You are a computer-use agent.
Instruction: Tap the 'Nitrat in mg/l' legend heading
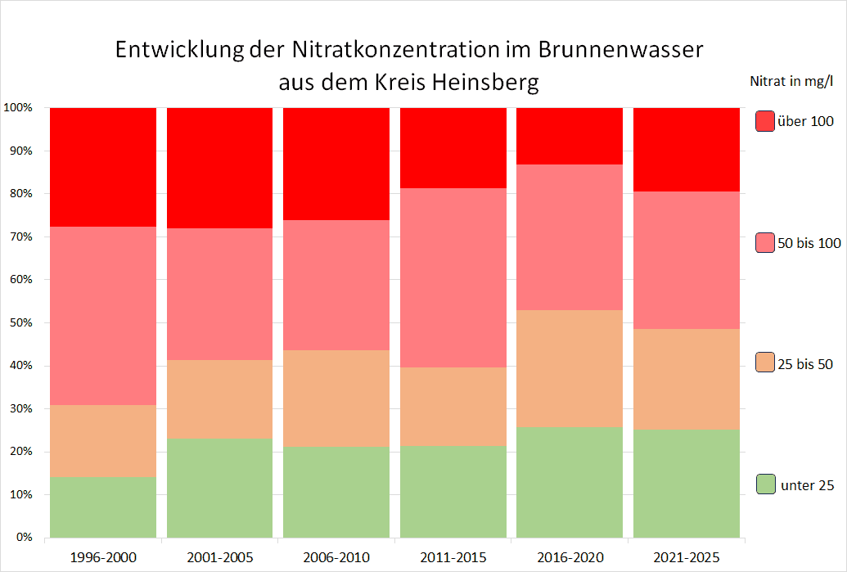tap(791, 81)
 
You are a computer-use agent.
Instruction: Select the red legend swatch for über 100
tap(765, 121)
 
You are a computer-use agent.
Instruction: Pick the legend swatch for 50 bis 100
tap(765, 242)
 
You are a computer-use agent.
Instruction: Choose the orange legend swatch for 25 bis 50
tap(765, 363)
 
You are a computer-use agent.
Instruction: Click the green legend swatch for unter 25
tap(765, 484)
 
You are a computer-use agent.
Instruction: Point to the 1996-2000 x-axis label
tap(103, 558)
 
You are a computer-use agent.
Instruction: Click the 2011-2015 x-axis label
tap(453, 558)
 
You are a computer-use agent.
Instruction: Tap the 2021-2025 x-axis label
tap(686, 558)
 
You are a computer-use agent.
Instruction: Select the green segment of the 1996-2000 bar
tap(103, 507)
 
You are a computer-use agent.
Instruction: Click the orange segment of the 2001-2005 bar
tap(219, 399)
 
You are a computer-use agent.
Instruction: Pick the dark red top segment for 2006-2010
tap(336, 164)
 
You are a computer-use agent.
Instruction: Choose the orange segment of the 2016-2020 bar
tap(570, 368)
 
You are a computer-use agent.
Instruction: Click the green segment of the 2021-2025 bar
tap(686, 484)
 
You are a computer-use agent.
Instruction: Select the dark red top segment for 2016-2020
tap(570, 136)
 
